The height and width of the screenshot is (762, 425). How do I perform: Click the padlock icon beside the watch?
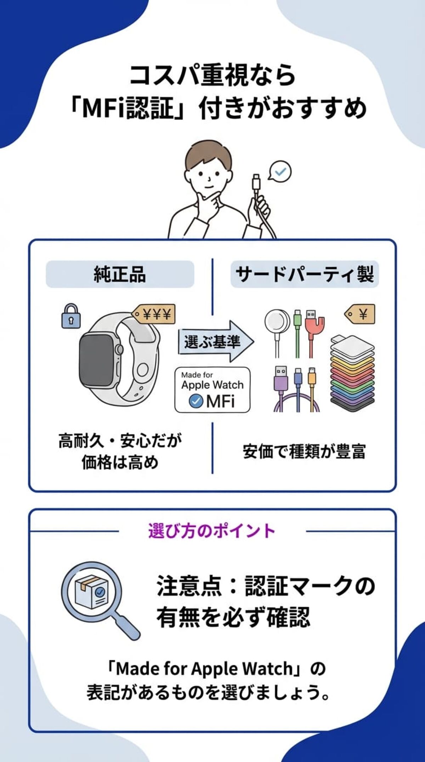[x=71, y=316]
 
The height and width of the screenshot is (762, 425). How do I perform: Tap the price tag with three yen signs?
[x=154, y=314]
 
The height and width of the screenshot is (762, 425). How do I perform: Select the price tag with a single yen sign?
[x=360, y=314]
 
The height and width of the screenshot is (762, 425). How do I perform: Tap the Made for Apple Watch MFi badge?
[x=212, y=390]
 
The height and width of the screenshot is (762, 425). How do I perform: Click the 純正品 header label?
[x=120, y=274]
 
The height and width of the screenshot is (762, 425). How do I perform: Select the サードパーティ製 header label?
[x=305, y=274]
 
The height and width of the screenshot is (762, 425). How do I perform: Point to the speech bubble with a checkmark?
[x=280, y=172]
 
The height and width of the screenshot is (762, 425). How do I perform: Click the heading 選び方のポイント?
[x=212, y=531]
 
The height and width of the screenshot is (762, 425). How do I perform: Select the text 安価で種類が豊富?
[x=304, y=452]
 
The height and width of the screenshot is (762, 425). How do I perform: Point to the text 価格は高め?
[x=120, y=463]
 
